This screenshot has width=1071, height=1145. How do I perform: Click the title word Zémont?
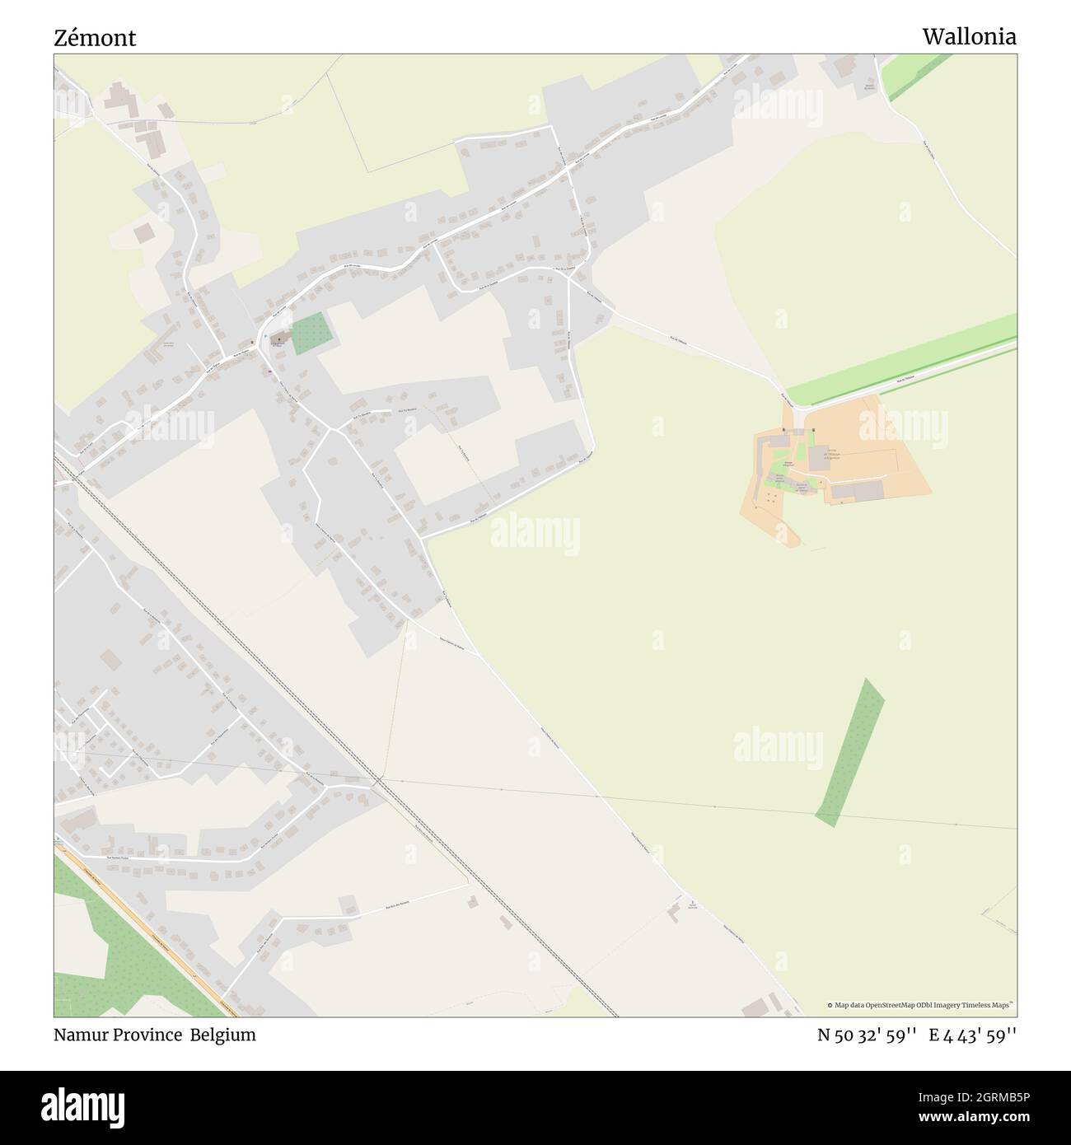95,37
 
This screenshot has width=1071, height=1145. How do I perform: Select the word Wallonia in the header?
969,36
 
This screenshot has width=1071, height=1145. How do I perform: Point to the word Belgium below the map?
223,1035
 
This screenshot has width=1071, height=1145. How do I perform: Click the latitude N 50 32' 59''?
868,1035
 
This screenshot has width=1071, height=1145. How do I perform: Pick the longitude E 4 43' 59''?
972,1035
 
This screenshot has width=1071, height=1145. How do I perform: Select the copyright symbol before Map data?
830,1005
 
